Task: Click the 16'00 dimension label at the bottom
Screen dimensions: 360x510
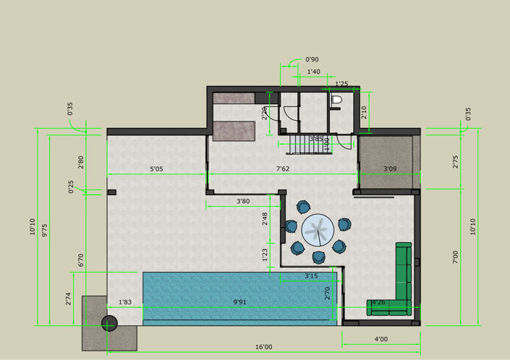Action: click(x=263, y=348)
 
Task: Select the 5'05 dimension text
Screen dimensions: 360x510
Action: click(x=157, y=169)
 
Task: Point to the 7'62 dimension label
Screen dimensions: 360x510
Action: click(x=284, y=169)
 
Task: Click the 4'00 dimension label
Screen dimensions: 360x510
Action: click(x=381, y=338)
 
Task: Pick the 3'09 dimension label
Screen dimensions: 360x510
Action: click(x=390, y=169)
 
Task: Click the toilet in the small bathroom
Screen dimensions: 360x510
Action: click(x=335, y=101)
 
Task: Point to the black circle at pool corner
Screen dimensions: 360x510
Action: click(x=109, y=322)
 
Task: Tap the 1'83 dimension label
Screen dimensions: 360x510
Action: click(x=124, y=301)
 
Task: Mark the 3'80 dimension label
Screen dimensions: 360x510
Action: click(x=243, y=202)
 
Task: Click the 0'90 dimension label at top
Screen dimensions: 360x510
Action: click(x=313, y=59)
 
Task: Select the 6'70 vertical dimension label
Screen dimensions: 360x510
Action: click(x=82, y=260)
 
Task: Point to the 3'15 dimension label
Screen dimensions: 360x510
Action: click(x=311, y=275)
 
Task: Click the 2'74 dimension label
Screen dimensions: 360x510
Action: click(x=70, y=297)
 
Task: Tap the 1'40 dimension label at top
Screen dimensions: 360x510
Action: click(x=314, y=72)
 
